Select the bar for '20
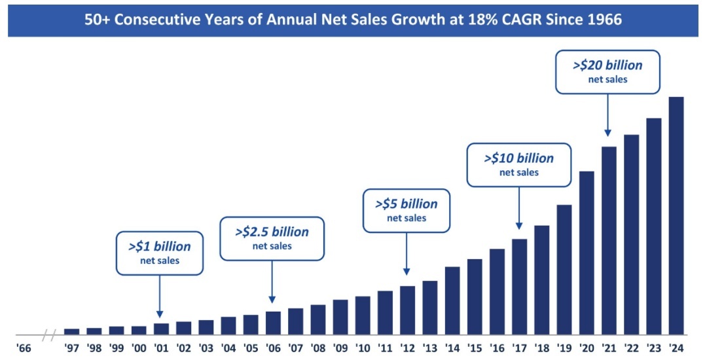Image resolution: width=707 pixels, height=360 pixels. (x=587, y=252)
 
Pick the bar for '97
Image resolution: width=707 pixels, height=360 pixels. (x=71, y=331)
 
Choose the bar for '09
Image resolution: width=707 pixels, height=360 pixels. (x=340, y=316)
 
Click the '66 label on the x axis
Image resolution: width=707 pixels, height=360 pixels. (x=24, y=347)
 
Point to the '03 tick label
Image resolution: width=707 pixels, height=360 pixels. (x=206, y=347)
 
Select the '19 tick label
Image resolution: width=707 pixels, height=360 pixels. (x=564, y=347)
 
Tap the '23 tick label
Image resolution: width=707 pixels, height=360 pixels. (x=653, y=347)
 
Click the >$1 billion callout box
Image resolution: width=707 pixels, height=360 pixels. (x=159, y=253)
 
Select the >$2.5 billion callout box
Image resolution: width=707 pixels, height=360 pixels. (x=272, y=238)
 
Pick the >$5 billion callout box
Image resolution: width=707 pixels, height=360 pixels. (x=407, y=210)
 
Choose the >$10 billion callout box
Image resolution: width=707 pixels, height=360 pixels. (x=518, y=164)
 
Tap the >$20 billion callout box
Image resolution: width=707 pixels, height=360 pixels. (x=607, y=71)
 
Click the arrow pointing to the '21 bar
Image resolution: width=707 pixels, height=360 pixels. (x=608, y=115)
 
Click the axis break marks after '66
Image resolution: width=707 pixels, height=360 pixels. (x=48, y=338)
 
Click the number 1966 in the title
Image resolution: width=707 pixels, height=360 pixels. (x=603, y=20)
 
